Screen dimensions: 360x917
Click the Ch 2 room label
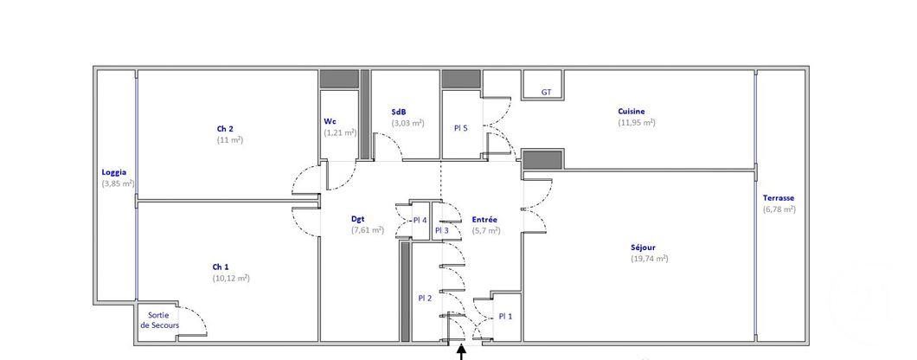click(225, 129)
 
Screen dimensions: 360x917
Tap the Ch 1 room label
click(221, 267)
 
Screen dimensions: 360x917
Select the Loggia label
click(114, 172)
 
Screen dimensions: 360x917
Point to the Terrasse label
click(779, 198)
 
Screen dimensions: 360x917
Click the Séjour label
click(643, 247)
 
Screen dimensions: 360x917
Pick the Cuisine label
click(632, 111)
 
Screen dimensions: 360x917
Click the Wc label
click(330, 121)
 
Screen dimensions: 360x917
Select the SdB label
click(399, 112)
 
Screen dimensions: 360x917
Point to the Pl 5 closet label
click(461, 128)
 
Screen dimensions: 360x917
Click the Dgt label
click(358, 219)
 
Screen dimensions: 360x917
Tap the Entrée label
click(484, 219)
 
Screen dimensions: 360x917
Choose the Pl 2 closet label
click(425, 298)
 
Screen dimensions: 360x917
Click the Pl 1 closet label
click(505, 316)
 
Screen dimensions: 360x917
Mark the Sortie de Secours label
click(158, 320)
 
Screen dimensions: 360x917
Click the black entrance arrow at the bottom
click(461, 352)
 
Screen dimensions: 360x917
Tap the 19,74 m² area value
click(650, 259)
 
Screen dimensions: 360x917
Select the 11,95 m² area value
click(637, 122)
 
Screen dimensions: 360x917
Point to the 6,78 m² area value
click(779, 209)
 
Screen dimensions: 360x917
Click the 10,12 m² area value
click(231, 279)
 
